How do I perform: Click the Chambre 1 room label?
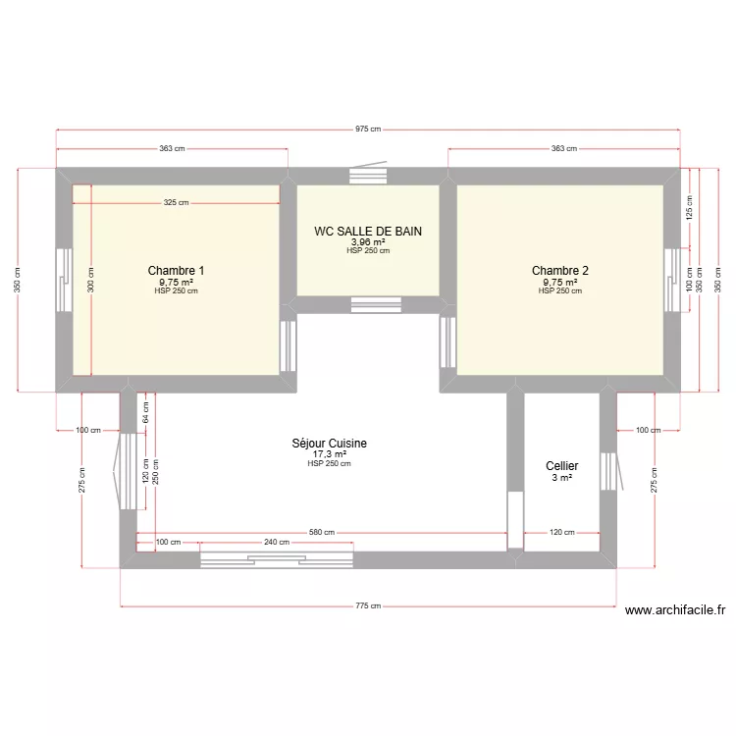click(176, 270)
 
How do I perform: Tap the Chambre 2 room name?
click(560, 270)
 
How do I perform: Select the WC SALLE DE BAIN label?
click(368, 232)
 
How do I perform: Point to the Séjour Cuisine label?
click(329, 444)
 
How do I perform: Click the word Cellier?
click(562, 466)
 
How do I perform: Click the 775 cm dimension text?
click(368, 606)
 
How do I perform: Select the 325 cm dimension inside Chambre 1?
click(177, 203)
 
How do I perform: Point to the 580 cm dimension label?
click(322, 533)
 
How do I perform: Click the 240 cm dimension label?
click(276, 542)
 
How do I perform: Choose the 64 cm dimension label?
click(145, 412)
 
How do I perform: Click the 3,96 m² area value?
click(368, 242)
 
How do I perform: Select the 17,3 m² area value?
click(329, 454)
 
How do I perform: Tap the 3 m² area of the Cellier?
click(562, 478)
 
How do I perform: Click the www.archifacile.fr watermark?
click(675, 609)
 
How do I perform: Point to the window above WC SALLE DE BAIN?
click(369, 177)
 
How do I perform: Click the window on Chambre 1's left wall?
click(62, 280)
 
